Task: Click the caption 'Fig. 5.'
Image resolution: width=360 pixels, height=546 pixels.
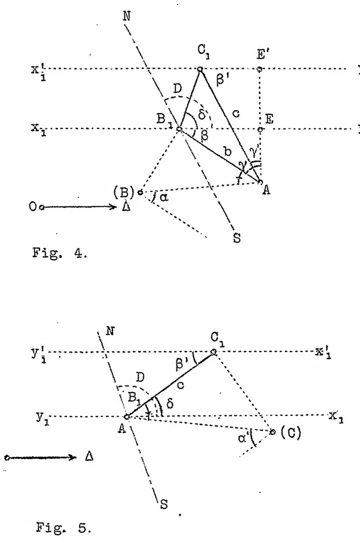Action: (63, 528)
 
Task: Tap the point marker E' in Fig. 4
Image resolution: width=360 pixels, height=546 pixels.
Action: (259, 69)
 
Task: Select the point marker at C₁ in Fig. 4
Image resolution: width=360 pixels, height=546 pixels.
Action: (200, 69)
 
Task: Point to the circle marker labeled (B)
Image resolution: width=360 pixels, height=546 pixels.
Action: (140, 192)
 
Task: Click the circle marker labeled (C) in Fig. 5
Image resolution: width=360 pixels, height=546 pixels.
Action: (273, 432)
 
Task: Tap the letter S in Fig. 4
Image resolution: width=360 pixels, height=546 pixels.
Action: (237, 238)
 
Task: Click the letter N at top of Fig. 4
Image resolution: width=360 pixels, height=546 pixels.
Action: (127, 16)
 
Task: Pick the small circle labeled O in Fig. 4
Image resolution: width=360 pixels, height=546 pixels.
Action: (42, 207)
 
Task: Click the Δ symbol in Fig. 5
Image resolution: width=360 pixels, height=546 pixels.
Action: (89, 456)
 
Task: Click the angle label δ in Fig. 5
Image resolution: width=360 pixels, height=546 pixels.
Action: (170, 404)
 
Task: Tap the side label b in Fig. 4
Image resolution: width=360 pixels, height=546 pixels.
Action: (227, 151)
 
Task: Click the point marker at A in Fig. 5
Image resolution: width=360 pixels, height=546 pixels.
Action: (127, 417)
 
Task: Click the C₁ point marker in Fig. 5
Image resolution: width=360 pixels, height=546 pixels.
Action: (214, 352)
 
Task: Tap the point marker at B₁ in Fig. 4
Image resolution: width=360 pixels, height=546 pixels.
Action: (179, 129)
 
